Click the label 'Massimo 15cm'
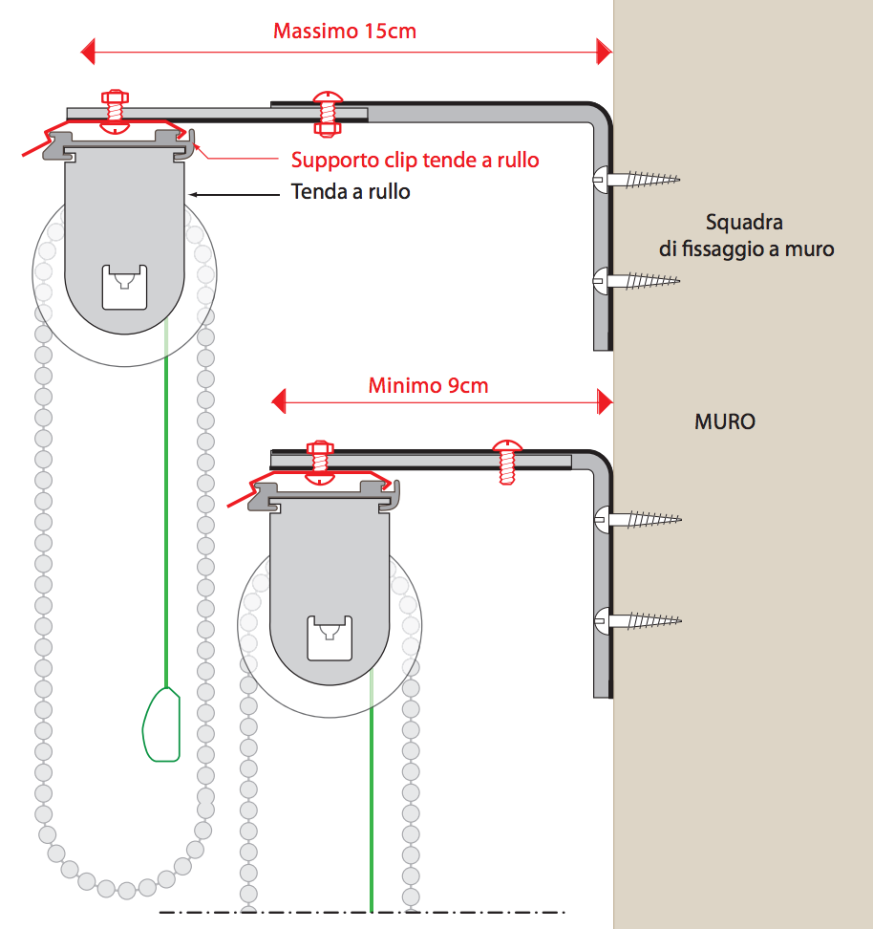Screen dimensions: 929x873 345,31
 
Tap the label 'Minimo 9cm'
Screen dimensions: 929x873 428,386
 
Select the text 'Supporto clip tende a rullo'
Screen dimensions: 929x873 415,160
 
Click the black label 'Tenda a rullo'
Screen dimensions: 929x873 351,192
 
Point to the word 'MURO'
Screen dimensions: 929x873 725,421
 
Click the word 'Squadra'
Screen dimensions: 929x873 745,223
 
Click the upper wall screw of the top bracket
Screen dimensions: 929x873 635,178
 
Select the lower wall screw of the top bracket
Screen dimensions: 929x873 635,280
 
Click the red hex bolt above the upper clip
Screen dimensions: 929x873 115,109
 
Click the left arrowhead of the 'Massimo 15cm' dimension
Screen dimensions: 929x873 88,50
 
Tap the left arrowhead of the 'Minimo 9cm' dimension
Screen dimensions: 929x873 279,401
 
